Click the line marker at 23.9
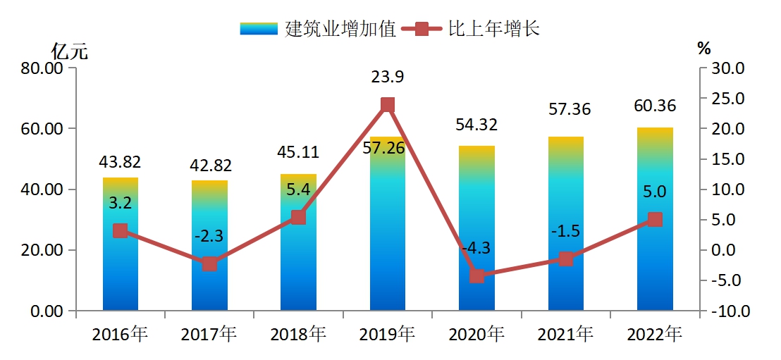click(x=387, y=105)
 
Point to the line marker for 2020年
click(x=476, y=275)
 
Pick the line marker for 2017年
click(x=209, y=264)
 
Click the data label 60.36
click(x=654, y=106)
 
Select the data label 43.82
click(x=120, y=161)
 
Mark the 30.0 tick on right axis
click(x=730, y=68)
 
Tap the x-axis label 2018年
click(x=298, y=334)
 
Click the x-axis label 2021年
click(x=565, y=334)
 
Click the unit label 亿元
click(x=70, y=51)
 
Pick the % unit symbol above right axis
click(x=703, y=49)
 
